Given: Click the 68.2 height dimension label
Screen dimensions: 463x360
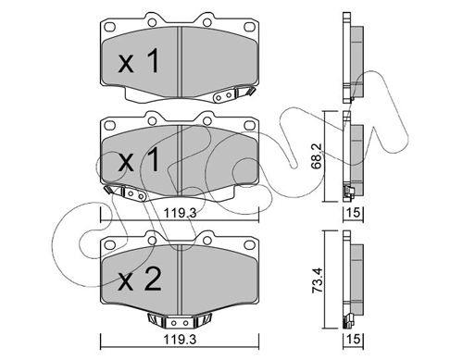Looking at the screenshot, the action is pyautogui.click(x=317, y=156).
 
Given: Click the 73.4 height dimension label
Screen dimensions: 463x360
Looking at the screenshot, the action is pyautogui.click(x=317, y=280).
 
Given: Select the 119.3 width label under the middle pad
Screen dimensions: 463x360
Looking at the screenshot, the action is pyautogui.click(x=180, y=213).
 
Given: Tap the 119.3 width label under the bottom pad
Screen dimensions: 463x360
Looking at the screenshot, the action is pyautogui.click(x=180, y=340).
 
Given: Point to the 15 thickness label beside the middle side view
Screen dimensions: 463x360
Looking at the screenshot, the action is pyautogui.click(x=354, y=213).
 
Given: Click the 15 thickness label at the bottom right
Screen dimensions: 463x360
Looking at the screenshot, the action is pyautogui.click(x=354, y=340).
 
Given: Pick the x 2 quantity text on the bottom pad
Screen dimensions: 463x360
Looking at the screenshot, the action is pyautogui.click(x=140, y=279).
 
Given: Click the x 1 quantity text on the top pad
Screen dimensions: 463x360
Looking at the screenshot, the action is pyautogui.click(x=139, y=61).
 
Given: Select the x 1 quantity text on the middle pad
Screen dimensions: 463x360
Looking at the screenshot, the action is pyautogui.click(x=139, y=159).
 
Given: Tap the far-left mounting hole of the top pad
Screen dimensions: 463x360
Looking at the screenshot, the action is pyautogui.click(x=109, y=27).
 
